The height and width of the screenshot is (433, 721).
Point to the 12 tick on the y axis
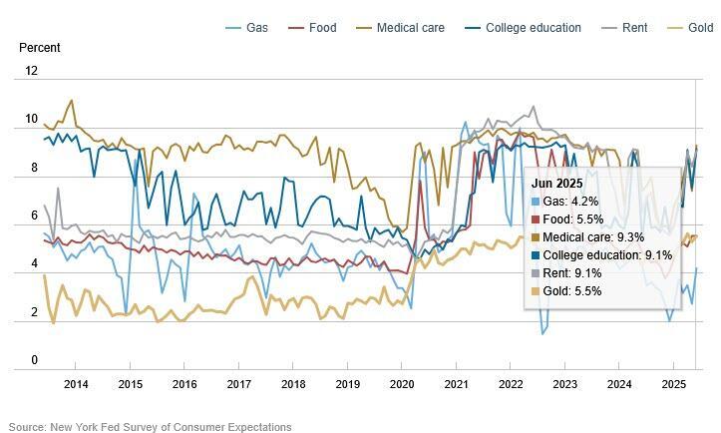click(31, 71)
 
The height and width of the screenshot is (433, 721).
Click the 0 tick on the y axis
click(34, 360)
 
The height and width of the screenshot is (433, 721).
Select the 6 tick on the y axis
click(34, 216)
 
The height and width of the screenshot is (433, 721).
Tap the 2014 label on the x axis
click(76, 384)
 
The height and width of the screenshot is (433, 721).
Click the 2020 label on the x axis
click(402, 384)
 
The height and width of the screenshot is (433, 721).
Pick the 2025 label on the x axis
click(673, 384)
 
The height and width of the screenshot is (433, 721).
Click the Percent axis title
click(40, 48)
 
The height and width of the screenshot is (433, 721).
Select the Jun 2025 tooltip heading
click(556, 184)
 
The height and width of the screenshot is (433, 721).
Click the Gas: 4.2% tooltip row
click(569, 202)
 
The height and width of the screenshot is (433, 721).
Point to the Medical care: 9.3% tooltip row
click(589, 237)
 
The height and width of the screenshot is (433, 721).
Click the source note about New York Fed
click(150, 427)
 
